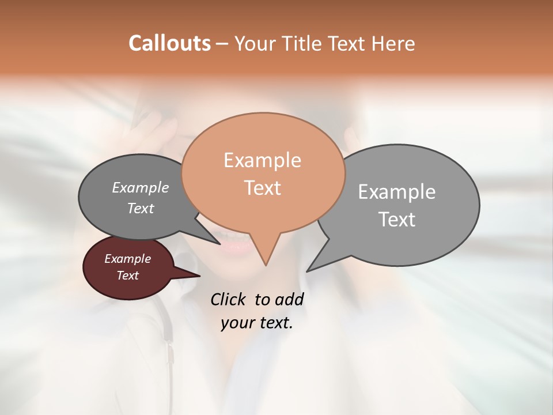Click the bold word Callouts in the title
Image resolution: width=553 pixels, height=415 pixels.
[169, 43]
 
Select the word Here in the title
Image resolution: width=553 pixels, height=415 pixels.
[393, 43]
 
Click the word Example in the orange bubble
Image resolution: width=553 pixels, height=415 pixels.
[262, 160]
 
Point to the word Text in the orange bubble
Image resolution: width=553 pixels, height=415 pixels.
[262, 187]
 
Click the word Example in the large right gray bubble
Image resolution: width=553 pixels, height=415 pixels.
[397, 191]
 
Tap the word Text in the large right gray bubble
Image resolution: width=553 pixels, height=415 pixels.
[397, 219]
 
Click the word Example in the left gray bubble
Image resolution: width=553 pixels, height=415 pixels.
[140, 187]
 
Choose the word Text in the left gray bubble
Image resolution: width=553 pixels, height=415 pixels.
[140, 208]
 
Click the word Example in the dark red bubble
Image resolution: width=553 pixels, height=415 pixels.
[127, 259]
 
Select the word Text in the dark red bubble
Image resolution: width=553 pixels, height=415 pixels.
[127, 276]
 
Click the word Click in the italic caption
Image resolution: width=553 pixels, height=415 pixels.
[229, 299]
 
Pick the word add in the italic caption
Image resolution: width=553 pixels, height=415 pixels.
[289, 299]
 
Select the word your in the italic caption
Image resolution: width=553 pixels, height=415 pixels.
[236, 323]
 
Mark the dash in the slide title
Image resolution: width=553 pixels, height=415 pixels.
[223, 44]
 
